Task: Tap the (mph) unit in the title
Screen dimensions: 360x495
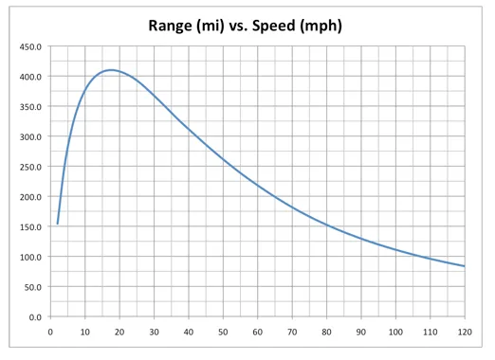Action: coord(323,25)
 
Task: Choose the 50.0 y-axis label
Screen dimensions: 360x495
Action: coord(32,287)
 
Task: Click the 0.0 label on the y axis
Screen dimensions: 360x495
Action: coord(34,316)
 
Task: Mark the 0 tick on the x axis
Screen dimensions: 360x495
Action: coord(50,332)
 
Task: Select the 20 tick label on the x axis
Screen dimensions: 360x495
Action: coord(119,332)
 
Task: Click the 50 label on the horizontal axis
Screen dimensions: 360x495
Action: coord(223,332)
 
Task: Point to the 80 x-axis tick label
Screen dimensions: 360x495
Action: coord(326,332)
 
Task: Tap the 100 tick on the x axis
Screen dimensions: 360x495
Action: coord(395,332)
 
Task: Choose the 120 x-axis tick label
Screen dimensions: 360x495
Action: coord(465,332)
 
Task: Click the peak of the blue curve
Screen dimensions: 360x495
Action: coord(111,70)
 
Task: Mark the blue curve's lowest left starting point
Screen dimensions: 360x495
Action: coord(58,224)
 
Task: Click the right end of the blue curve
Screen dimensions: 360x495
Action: coord(465,266)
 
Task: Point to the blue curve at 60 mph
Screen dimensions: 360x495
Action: coord(258,185)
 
